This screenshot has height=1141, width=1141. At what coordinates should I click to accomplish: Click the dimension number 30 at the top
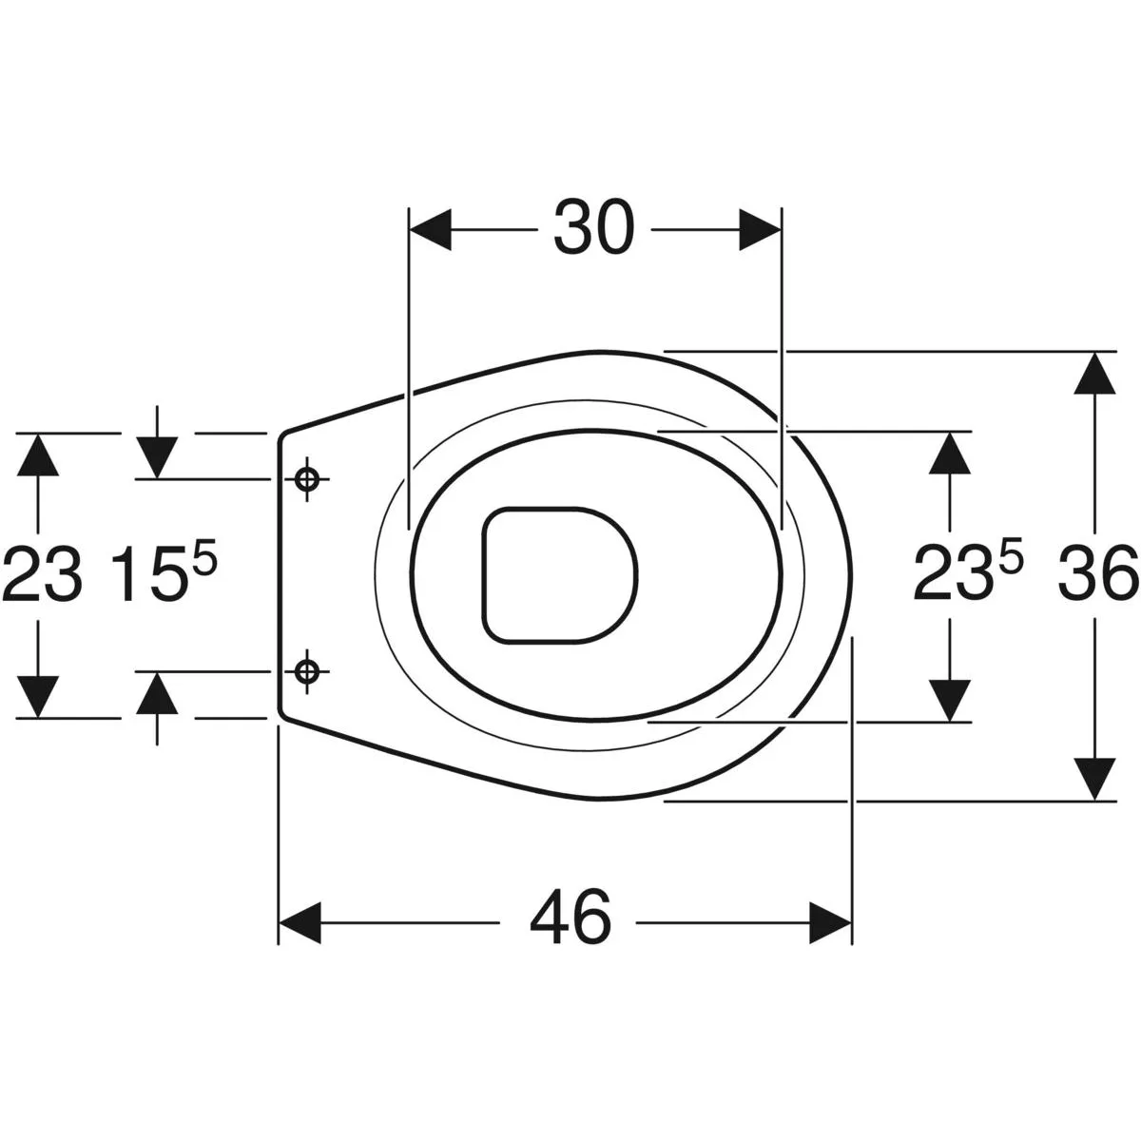click(x=593, y=228)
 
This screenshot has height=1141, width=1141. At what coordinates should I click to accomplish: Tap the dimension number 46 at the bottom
click(x=570, y=922)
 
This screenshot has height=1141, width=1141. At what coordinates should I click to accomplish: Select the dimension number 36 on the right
click(x=1098, y=573)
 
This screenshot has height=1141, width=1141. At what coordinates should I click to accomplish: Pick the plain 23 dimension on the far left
click(x=43, y=574)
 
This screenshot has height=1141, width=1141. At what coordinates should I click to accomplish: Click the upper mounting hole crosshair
click(x=307, y=479)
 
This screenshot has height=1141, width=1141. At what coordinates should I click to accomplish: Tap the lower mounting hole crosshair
click(x=307, y=671)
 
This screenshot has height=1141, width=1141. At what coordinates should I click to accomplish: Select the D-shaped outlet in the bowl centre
click(x=559, y=575)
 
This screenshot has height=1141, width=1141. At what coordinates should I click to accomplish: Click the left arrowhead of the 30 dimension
click(x=431, y=229)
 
